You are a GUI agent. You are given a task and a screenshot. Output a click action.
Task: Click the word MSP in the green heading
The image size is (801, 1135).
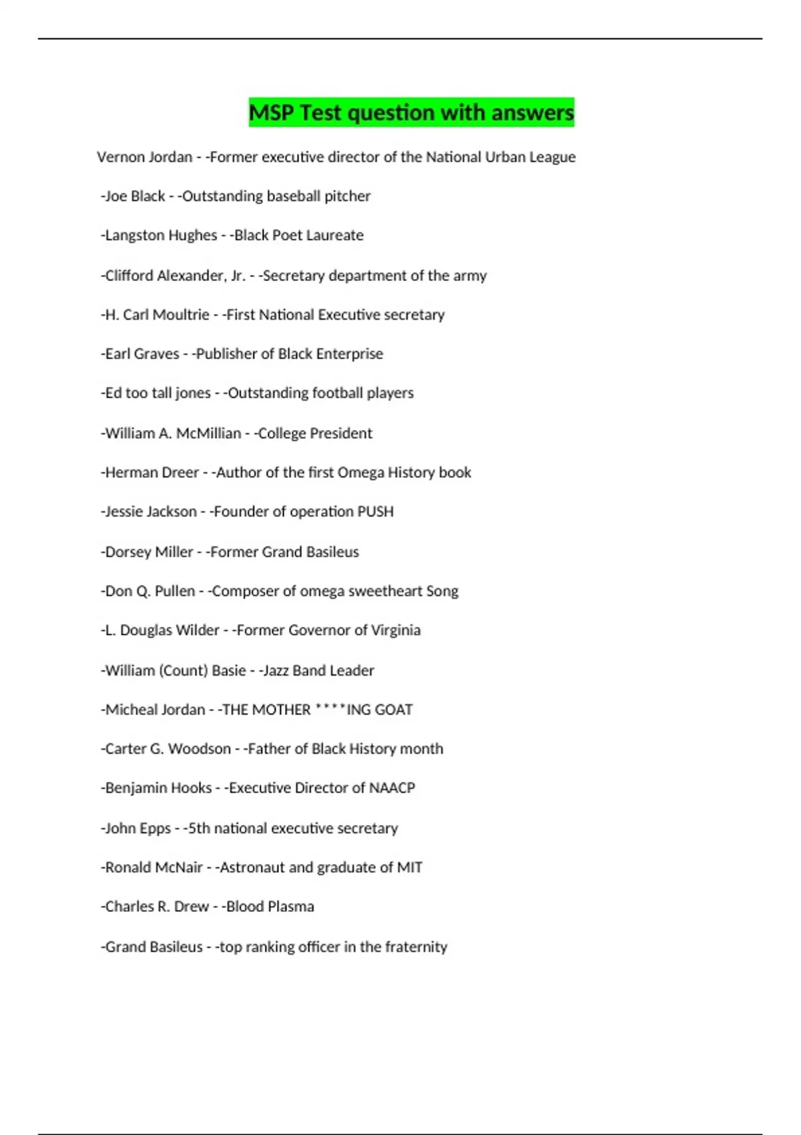click(x=271, y=113)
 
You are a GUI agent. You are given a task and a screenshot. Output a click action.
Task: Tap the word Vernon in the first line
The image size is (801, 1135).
click(x=119, y=157)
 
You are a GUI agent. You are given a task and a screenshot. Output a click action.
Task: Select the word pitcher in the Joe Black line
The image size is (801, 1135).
click(x=347, y=196)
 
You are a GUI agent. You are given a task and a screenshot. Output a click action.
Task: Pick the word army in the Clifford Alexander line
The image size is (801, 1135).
click(x=470, y=276)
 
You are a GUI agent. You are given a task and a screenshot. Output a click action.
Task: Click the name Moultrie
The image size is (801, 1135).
click(x=183, y=314)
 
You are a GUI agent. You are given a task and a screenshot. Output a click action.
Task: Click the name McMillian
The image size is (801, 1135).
click(x=208, y=433)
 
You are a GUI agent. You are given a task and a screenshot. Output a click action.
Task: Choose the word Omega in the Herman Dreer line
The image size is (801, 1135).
click(x=360, y=473)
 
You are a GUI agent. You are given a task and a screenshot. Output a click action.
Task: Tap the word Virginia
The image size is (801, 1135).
click(x=396, y=630)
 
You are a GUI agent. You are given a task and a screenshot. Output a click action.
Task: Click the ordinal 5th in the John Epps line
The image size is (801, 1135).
click(x=199, y=829)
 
